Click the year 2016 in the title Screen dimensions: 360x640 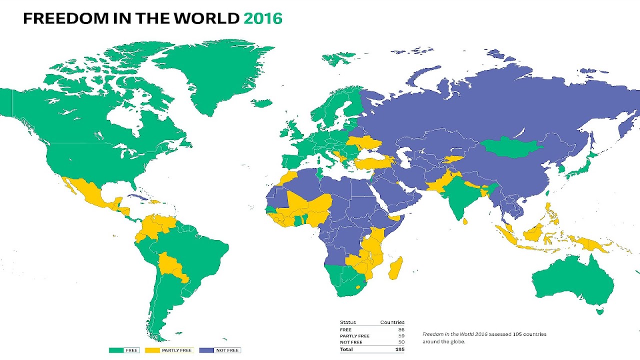point(262,18)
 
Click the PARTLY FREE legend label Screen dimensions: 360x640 point(176,350)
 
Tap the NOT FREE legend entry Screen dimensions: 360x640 point(227,350)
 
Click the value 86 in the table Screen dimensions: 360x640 point(400,329)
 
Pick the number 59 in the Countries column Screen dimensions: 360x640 point(400,336)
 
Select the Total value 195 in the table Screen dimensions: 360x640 point(399,349)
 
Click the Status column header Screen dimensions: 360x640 point(348,322)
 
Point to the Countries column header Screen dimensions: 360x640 point(392,322)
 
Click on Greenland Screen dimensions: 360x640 point(210,75)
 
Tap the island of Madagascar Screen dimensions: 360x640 point(395,267)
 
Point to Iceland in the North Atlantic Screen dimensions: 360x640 point(261,103)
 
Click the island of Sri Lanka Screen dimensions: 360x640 point(466,221)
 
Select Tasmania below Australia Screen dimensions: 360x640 point(600,311)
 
